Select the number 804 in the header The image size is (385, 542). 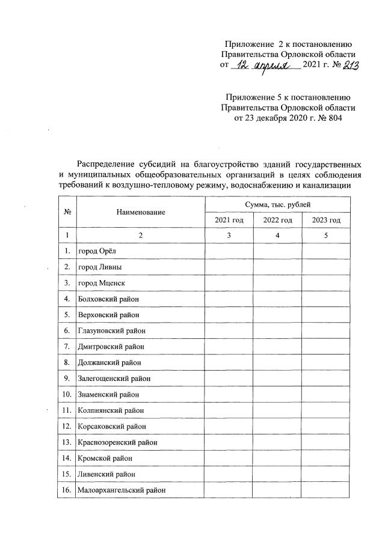click(340, 118)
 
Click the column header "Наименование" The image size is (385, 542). click(141, 212)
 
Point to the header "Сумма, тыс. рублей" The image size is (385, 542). click(277, 205)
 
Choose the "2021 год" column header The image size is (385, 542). click(229, 221)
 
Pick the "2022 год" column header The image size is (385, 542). click(277, 221)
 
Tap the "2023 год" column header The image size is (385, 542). click(326, 221)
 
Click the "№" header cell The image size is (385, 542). click(66, 212)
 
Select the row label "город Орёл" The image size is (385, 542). click(95, 250)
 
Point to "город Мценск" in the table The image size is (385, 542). click(100, 282)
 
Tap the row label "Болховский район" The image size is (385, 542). click(108, 298)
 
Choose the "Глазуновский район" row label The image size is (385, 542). click(112, 330)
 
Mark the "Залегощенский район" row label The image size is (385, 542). click(114, 379)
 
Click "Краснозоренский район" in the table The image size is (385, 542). click(117, 442)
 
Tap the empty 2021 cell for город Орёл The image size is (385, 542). click(229, 250)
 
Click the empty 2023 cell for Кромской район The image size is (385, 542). click(326, 458)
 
